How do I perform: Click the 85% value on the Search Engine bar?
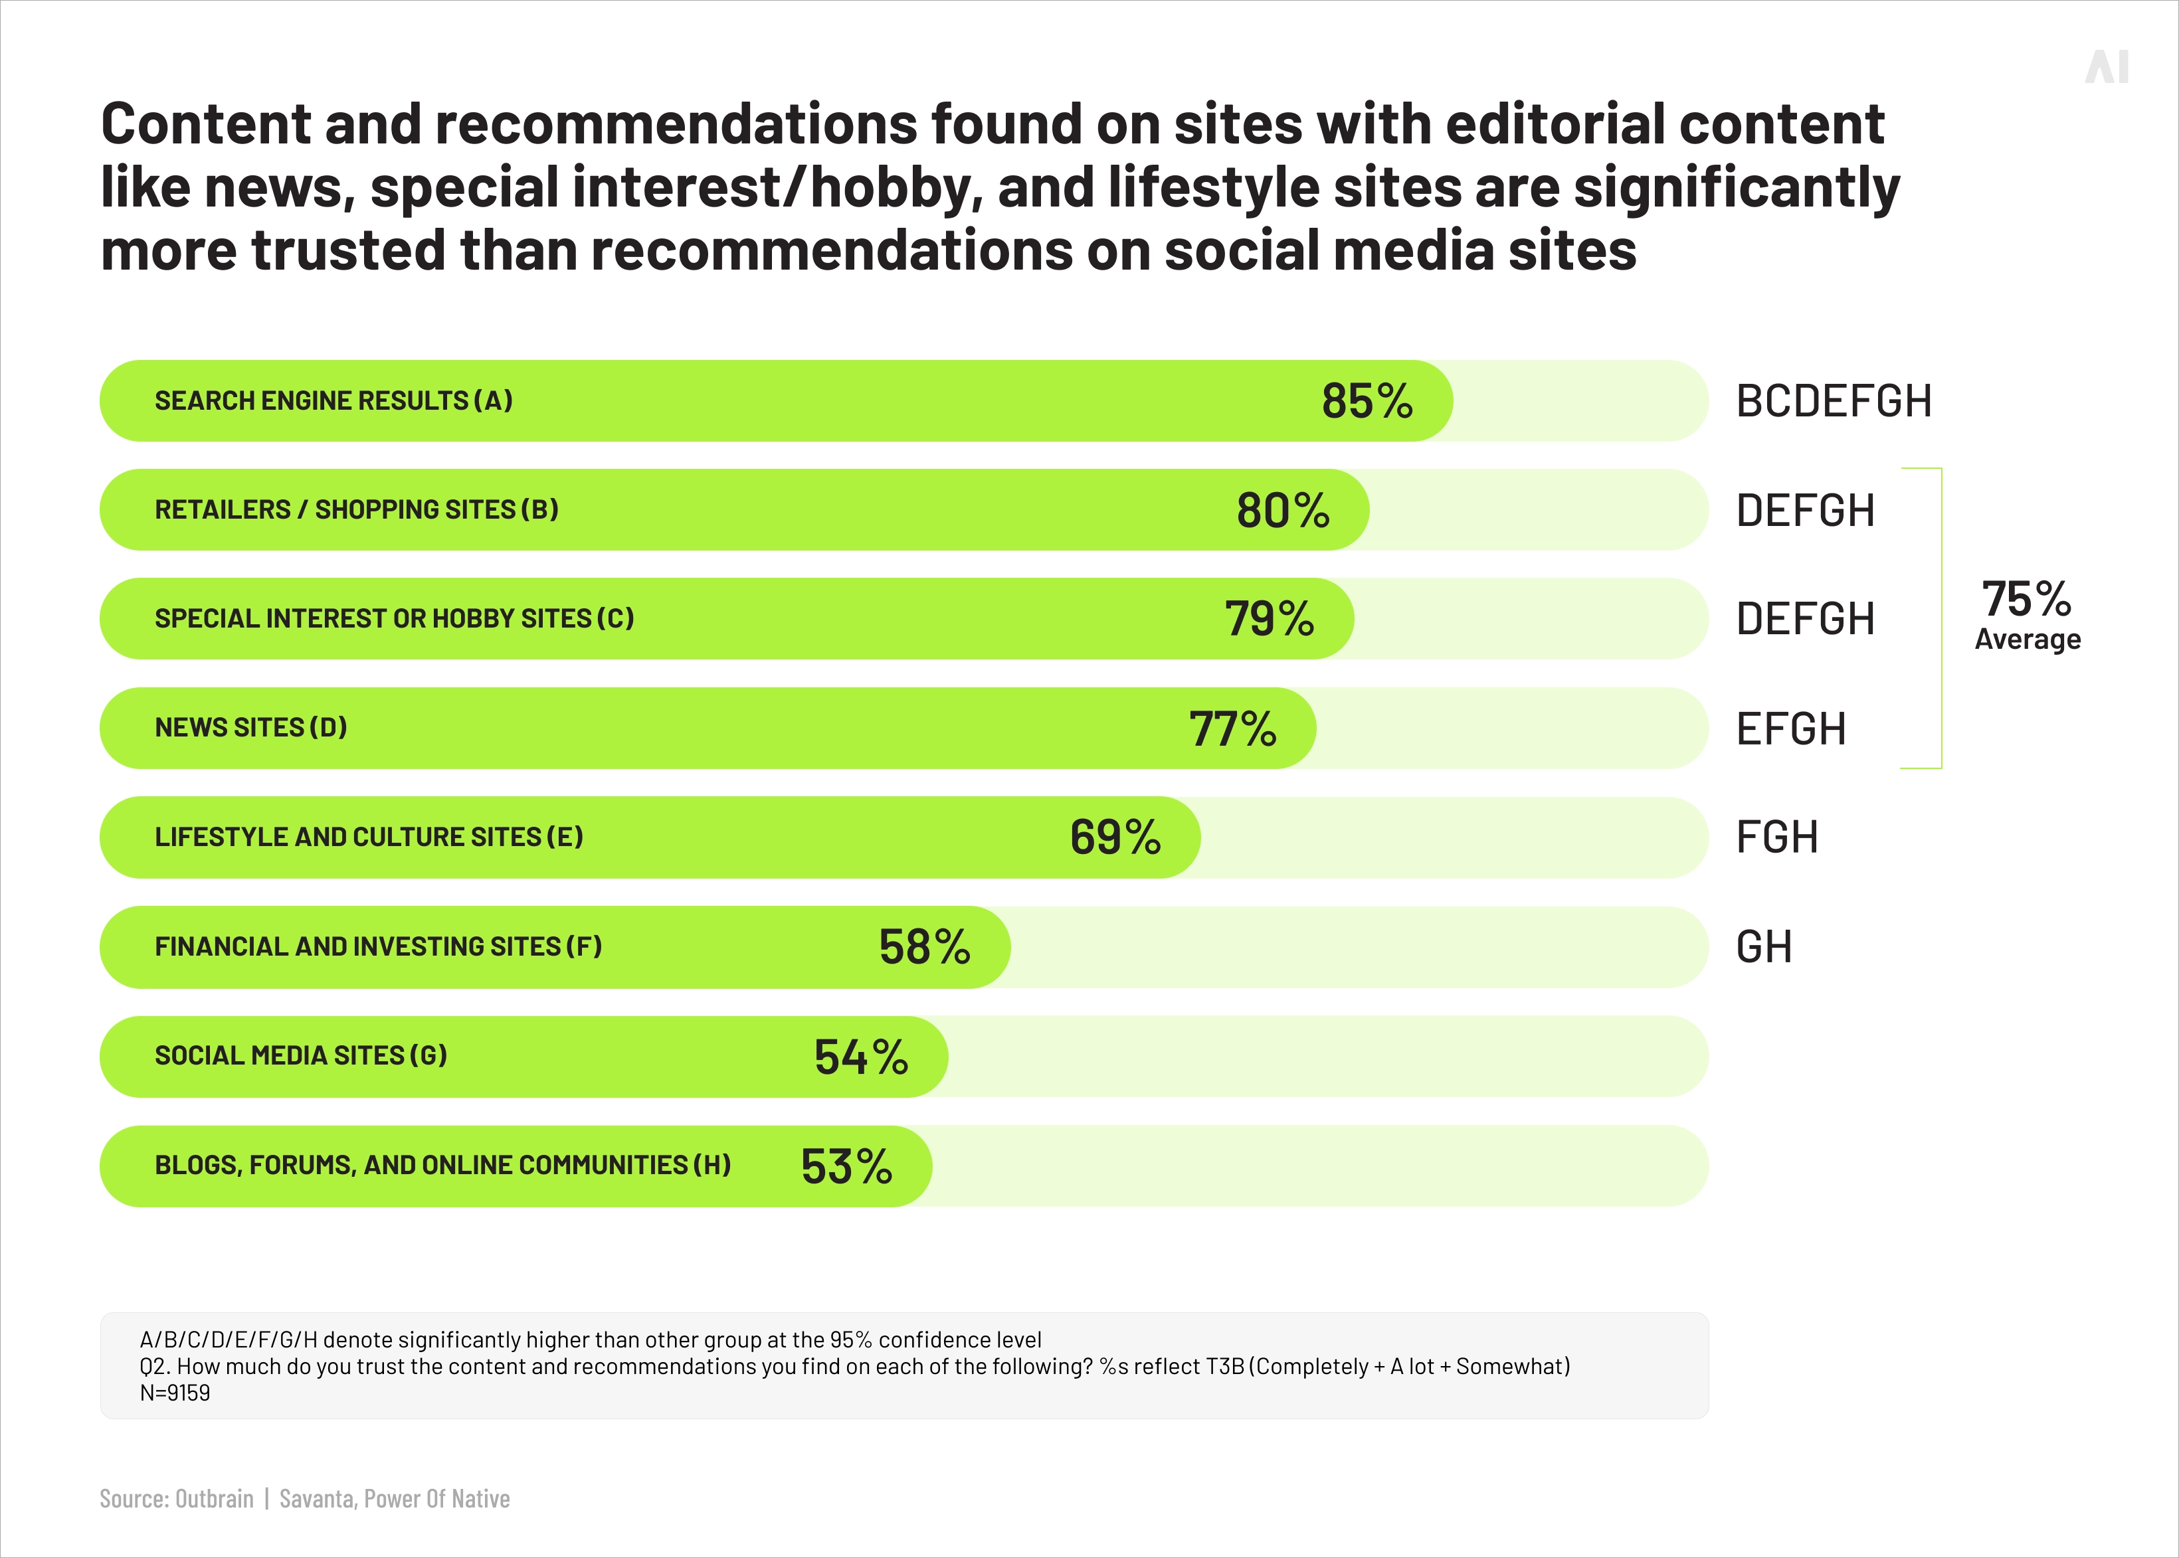(x=1367, y=401)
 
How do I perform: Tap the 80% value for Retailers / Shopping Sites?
(x=1283, y=511)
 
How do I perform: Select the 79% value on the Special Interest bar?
(x=1268, y=619)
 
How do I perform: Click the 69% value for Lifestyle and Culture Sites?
(x=1115, y=837)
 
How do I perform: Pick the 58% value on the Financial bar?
(x=924, y=947)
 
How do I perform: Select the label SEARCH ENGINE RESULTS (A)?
(x=333, y=401)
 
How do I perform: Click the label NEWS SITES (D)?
(x=250, y=728)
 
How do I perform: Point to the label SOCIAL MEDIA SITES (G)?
(x=300, y=1056)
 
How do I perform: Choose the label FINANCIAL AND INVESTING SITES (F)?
(x=378, y=947)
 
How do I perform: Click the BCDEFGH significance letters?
(x=1834, y=401)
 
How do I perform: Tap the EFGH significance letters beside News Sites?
(x=1790, y=729)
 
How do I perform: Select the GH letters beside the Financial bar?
(x=1764, y=947)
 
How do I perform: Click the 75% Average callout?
(x=2026, y=614)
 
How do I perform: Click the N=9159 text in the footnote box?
(x=175, y=1393)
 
